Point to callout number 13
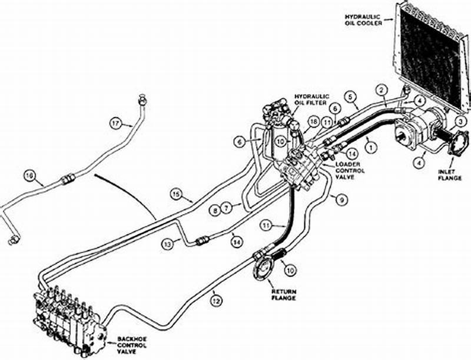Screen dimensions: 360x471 click(x=168, y=243)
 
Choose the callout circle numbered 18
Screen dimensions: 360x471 click(x=313, y=121)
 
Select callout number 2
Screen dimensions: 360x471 click(x=382, y=90)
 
